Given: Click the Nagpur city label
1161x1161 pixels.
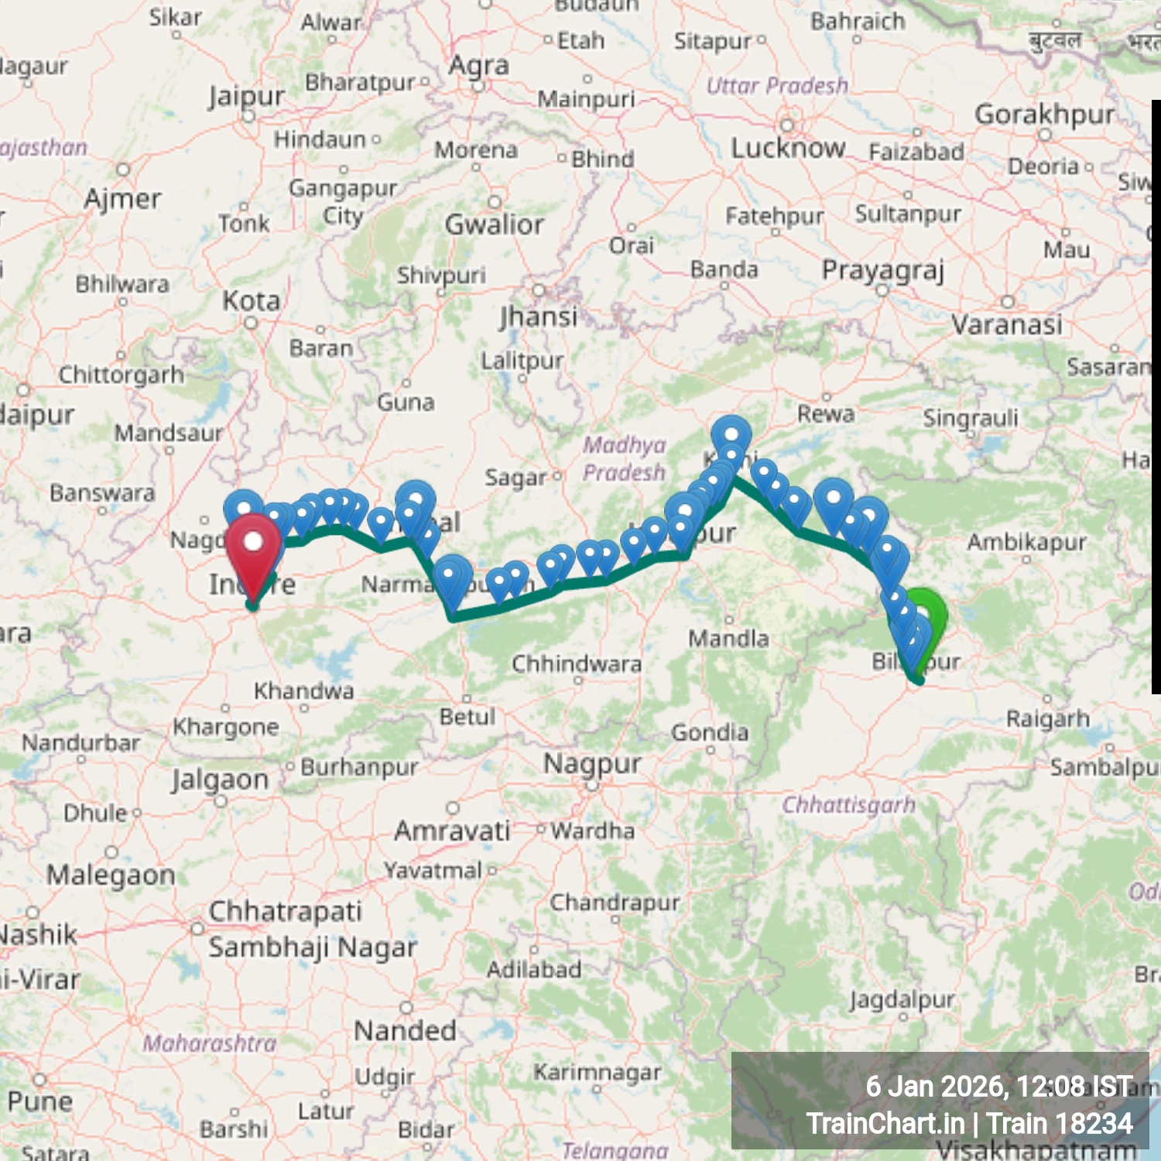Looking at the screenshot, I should click(592, 764).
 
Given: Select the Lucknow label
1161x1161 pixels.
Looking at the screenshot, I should click(788, 148).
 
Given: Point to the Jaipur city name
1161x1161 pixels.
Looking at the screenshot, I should click(247, 97).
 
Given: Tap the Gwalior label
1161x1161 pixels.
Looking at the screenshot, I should click(495, 224).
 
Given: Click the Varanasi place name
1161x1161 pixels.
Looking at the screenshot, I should click(1006, 325).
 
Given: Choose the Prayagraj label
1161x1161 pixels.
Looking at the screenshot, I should click(883, 271).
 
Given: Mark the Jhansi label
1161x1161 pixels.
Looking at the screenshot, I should click(539, 317).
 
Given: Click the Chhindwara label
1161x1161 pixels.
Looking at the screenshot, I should click(577, 664).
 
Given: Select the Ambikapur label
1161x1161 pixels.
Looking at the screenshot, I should click(1026, 542).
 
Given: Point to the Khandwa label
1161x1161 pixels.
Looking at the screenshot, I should click(304, 690).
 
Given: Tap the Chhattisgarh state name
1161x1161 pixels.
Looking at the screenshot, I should click(848, 805).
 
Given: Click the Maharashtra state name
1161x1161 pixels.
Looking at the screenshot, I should click(209, 1043).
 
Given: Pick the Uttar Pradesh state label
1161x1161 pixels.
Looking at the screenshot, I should click(777, 85).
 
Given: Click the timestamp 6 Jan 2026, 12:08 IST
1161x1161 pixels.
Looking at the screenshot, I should click(998, 1087).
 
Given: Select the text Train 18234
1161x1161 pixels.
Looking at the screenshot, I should click(1060, 1123).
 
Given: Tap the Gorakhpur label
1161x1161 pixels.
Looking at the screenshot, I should click(1045, 115).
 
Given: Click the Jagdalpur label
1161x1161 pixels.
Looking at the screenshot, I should click(902, 1000).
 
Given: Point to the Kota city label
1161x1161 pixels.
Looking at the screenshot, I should click(252, 301).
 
